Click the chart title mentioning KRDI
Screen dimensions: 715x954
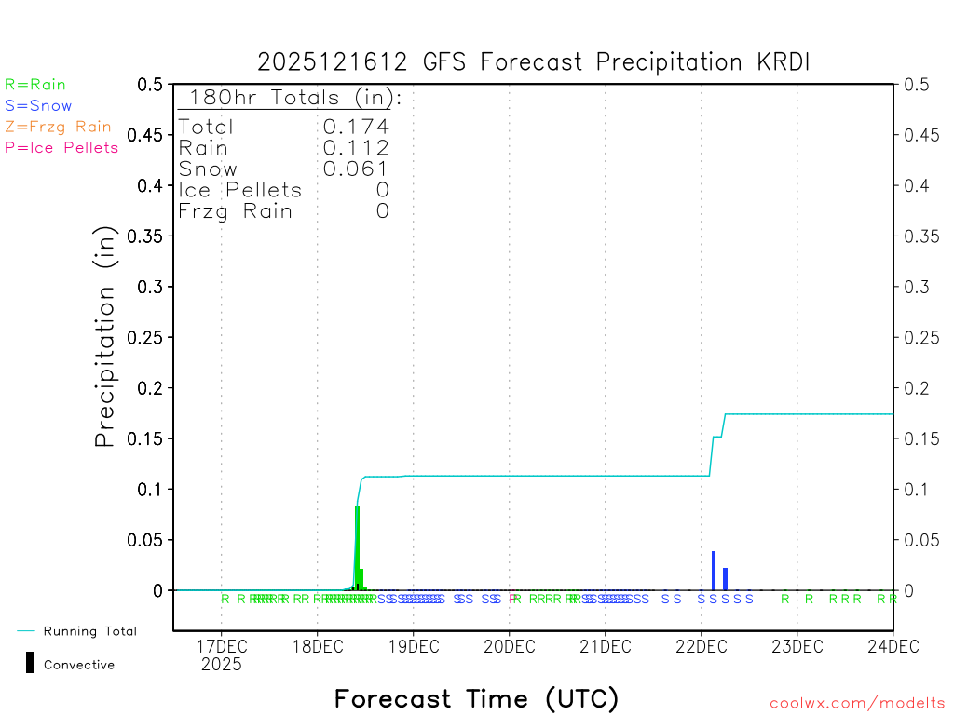tap(534, 62)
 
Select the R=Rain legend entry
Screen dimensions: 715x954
tap(35, 85)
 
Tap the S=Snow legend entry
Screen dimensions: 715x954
tap(38, 106)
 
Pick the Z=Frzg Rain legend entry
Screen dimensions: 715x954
tap(58, 127)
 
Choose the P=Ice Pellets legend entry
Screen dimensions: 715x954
tap(61, 147)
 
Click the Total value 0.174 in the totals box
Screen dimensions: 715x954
tap(356, 127)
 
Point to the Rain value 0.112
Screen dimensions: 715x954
tap(356, 148)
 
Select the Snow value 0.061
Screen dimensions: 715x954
tap(356, 169)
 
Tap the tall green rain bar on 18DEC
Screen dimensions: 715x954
tap(357, 549)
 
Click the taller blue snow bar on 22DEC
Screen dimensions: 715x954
tap(714, 571)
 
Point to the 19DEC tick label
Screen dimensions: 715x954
tap(413, 644)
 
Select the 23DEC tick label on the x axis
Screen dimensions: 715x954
tap(797, 644)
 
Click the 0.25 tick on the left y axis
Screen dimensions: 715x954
tap(150, 337)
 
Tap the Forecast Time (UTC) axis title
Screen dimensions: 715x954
tap(476, 698)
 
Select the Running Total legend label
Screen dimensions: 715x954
tap(89, 631)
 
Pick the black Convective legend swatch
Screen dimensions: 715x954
tap(30, 662)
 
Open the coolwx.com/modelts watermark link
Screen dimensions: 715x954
tap(857, 704)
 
